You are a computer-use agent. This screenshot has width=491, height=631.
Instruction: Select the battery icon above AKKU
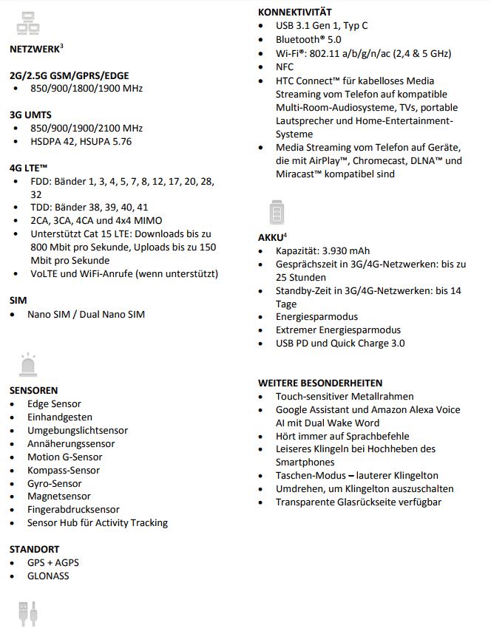click(x=275, y=213)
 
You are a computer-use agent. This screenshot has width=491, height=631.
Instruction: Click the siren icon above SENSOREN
click(x=27, y=365)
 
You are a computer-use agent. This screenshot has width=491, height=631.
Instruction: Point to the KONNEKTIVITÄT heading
click(x=294, y=12)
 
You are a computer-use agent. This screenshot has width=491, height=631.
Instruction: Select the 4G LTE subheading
click(x=29, y=168)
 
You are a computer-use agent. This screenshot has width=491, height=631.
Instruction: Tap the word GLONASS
click(x=48, y=576)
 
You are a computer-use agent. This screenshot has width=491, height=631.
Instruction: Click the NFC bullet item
click(x=285, y=66)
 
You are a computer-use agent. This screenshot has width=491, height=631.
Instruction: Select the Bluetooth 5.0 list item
click(x=308, y=39)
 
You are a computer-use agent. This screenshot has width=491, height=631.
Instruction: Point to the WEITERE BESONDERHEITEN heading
click(x=320, y=383)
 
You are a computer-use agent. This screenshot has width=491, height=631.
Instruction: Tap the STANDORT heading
click(x=34, y=549)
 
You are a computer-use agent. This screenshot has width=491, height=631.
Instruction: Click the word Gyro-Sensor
click(x=55, y=483)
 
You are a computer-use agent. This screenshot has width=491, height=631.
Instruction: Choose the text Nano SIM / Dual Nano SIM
click(x=86, y=314)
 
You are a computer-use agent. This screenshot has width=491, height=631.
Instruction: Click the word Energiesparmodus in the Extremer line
click(x=360, y=330)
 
